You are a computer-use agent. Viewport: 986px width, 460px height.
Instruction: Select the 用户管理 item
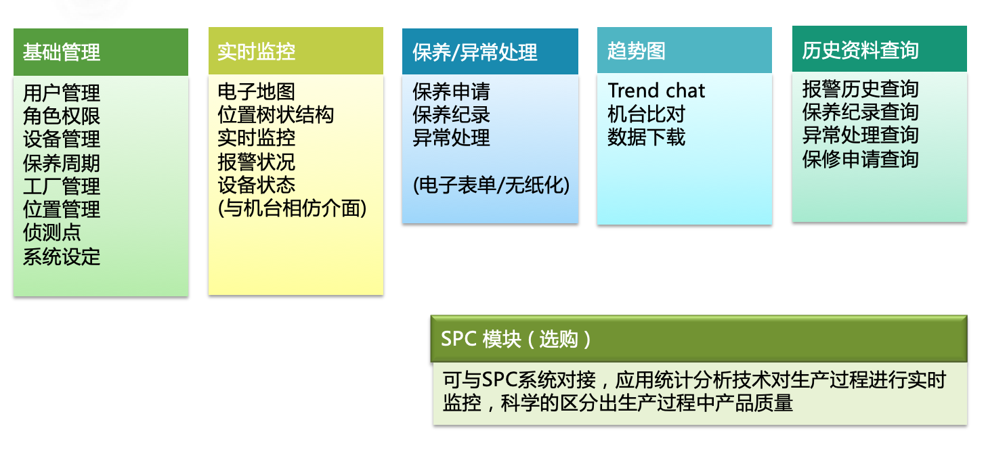[62, 93]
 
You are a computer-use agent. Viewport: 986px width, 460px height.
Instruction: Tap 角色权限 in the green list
[62, 116]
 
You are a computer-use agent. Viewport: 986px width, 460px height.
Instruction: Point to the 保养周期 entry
[62, 163]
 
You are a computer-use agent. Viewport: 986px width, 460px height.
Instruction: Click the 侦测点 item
[52, 233]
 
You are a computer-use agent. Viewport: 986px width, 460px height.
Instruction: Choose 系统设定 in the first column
[62, 256]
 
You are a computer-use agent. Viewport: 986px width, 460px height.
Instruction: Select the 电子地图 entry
[256, 91]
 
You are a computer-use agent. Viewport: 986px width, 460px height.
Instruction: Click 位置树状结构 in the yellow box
[276, 115]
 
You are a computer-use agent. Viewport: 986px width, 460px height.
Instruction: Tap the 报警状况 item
[256, 162]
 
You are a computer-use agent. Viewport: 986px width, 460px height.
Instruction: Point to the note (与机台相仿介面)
[293, 208]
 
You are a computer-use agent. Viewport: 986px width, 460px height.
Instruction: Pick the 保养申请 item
[451, 91]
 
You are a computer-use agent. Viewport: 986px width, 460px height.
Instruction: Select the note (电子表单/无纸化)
[491, 185]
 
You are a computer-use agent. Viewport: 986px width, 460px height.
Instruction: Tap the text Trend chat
[656, 91]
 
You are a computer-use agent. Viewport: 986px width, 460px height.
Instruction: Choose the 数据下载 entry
[646, 137]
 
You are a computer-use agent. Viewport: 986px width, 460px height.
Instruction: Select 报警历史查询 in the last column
[860, 89]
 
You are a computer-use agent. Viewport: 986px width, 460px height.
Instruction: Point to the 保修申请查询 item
[860, 159]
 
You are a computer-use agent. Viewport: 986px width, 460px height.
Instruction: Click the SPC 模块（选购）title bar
[699, 339]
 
